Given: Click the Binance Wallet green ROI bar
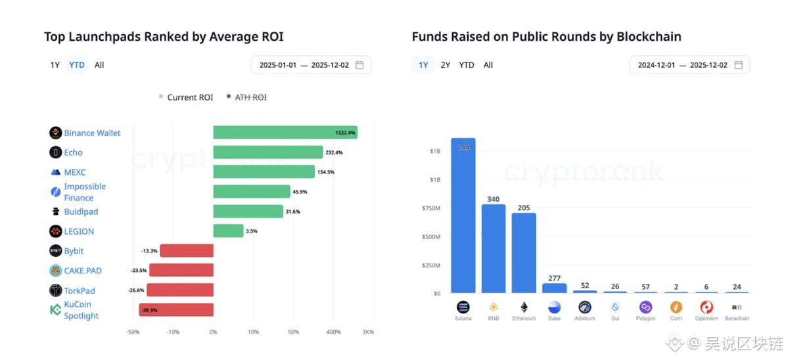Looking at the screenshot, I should tap(285, 133).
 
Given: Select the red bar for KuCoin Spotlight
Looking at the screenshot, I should tap(176, 310).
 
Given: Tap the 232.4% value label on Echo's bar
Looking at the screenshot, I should tap(333, 152).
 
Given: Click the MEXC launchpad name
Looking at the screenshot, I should tap(75, 172).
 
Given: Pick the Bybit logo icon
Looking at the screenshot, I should tap(56, 251).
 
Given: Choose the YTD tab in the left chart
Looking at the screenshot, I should tap(77, 65).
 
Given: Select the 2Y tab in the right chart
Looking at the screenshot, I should tap(446, 65).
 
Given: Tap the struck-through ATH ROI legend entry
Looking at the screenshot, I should tap(250, 97).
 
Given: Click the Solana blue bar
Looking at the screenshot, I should tap(463, 217).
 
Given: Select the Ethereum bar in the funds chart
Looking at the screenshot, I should tap(524, 253).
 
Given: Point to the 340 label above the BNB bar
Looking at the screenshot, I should tap(494, 199).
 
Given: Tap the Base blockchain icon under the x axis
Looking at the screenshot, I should tap(554, 307).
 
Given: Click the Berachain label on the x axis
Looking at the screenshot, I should tap(736, 319).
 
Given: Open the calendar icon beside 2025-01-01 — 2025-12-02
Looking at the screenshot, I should tap(359, 65).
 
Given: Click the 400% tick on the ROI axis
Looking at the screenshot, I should tap(334, 332).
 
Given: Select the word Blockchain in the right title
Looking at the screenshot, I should tap(649, 37).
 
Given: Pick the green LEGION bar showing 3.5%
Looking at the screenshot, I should tap(229, 231).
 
